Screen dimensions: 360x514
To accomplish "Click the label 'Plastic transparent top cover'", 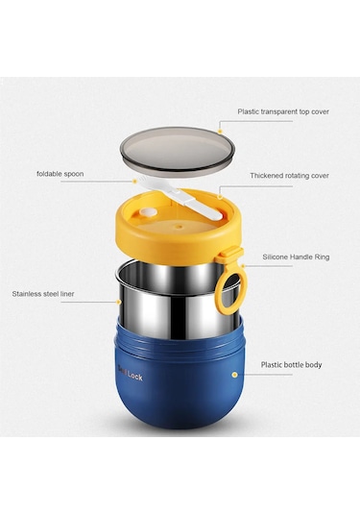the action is (283, 111).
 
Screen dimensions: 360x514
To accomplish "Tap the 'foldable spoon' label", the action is (60, 174).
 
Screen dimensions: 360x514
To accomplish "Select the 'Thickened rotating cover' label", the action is (290, 176).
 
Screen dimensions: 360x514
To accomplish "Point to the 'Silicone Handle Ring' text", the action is (296, 257).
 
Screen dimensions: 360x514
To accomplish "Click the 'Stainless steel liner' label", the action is (43, 294).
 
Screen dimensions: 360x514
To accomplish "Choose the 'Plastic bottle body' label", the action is (291, 364).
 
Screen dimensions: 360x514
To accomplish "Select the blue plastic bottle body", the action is (180, 377).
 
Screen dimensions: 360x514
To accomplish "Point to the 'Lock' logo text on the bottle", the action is (135, 377).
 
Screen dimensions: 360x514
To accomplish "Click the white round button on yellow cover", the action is (147, 212).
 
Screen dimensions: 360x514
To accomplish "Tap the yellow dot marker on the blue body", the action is (234, 375).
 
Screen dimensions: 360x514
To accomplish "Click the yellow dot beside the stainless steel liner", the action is (119, 302).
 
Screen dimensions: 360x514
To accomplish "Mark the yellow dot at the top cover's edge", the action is (220, 131).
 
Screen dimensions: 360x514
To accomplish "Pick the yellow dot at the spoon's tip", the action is (134, 181).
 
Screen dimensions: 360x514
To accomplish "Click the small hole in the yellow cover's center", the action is (179, 226).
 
